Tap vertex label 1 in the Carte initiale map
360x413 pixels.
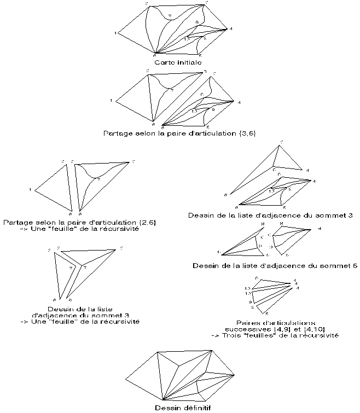(x=116, y=33)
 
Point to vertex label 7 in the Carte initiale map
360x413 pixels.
(x=170, y=15)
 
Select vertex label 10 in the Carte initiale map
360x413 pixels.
(x=186, y=39)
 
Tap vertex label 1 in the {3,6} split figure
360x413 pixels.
(x=111, y=101)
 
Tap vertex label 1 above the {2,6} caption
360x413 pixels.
(x=30, y=190)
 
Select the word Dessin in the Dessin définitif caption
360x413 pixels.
(x=166, y=408)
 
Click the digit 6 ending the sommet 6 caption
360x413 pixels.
(x=355, y=266)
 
